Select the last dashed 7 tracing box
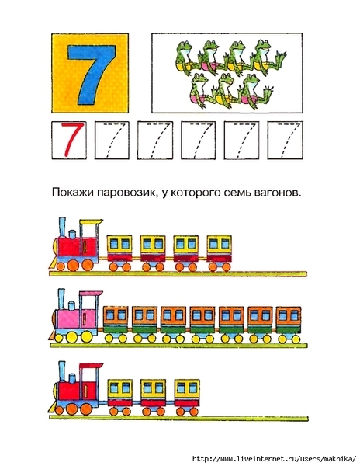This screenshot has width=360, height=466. pyautogui.click(x=286, y=141)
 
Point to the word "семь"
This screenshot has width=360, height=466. pyautogui.click(x=238, y=193)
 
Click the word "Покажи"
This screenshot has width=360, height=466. pyautogui.click(x=73, y=193)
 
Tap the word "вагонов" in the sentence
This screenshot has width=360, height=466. pyautogui.click(x=277, y=193)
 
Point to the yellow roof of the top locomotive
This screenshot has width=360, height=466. pyautogui.click(x=92, y=222)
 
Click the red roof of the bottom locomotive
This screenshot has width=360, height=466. pyautogui.click(x=92, y=366)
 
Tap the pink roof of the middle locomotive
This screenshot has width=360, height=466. pyautogui.click(x=91, y=294)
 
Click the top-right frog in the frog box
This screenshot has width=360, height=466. pyautogui.click(x=269, y=57)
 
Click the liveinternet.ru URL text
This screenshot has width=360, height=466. pyautogui.click(x=274, y=458)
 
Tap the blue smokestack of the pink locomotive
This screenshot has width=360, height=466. pyautogui.click(x=61, y=299)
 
